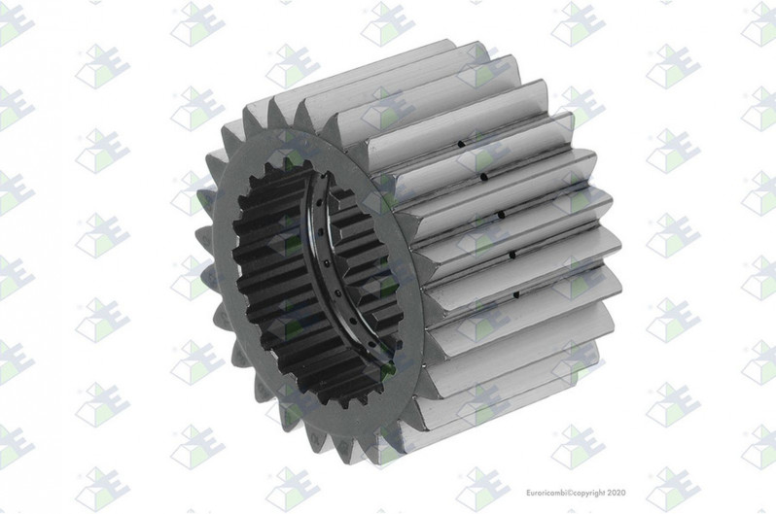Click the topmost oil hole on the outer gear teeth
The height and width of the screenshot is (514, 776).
(461, 145)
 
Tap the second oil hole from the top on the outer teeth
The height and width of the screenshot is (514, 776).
(484, 176)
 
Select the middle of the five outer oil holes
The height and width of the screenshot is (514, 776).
(501, 215)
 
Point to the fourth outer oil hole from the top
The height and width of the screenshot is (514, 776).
(512, 255)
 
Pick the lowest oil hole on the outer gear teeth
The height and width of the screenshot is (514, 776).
(516, 294)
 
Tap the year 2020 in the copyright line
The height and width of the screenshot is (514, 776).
(617, 493)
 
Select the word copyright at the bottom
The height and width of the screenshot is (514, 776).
(589, 493)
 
